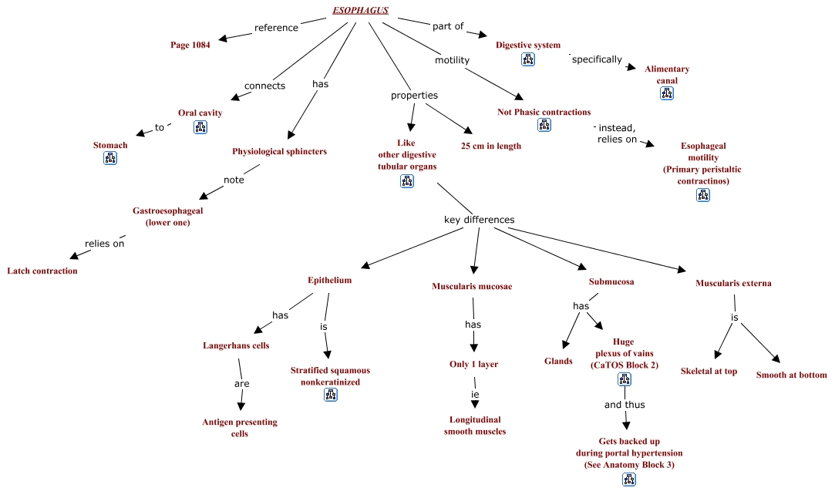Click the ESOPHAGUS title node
click(x=361, y=10)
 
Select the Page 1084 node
click(x=190, y=45)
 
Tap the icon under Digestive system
click(x=528, y=59)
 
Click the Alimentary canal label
click(x=667, y=75)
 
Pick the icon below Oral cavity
click(x=200, y=126)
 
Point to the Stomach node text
click(x=110, y=145)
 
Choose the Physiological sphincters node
click(x=280, y=151)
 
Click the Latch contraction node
click(x=42, y=271)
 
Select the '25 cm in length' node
click(x=491, y=146)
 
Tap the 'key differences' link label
click(x=480, y=220)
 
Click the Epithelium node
click(x=330, y=280)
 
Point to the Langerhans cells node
click(x=236, y=345)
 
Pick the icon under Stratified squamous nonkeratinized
click(x=331, y=395)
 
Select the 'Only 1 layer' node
click(x=474, y=365)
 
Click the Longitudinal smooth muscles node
click(x=475, y=426)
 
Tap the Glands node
click(x=558, y=362)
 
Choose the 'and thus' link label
click(x=625, y=405)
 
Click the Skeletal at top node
click(x=709, y=372)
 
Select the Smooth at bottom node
click(x=791, y=375)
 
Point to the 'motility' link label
click(x=452, y=60)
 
